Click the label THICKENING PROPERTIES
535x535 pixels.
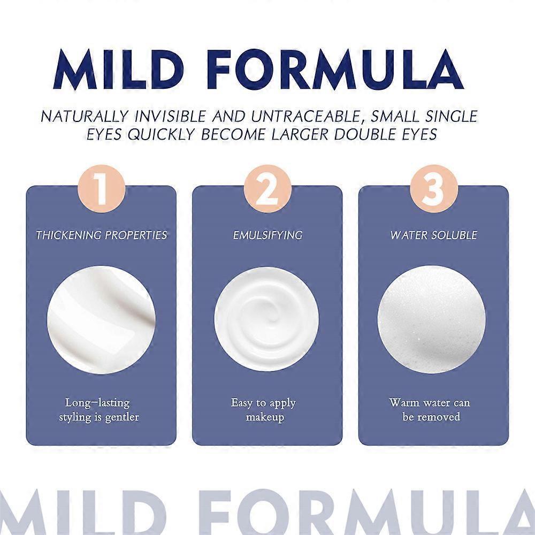(x=102, y=235)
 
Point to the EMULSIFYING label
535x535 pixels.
(x=267, y=235)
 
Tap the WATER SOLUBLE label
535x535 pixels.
(x=434, y=235)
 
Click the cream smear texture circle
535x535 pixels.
(x=101, y=320)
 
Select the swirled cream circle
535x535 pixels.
(x=267, y=320)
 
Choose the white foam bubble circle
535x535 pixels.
(x=432, y=320)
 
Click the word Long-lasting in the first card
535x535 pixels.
(x=97, y=403)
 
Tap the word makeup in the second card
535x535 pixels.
(x=265, y=417)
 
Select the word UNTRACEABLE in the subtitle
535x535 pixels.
(x=305, y=117)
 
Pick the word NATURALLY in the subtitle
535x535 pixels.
(x=85, y=117)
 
